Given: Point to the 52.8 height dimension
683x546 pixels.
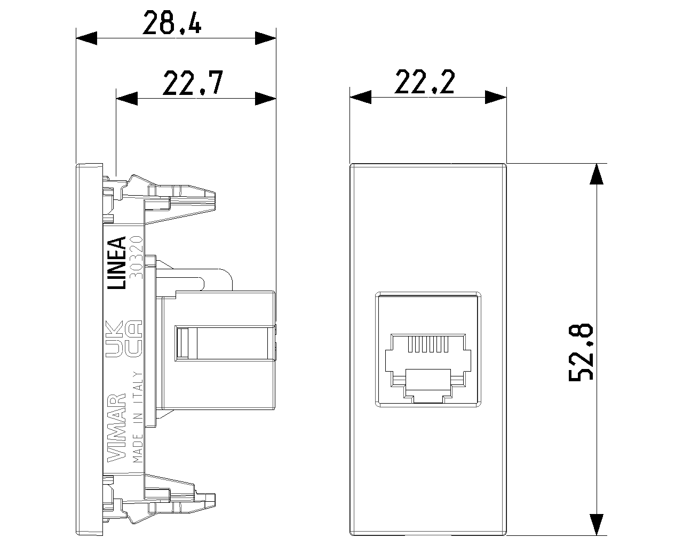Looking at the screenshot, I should click(x=580, y=352).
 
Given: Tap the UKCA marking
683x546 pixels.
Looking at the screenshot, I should click(x=123, y=340).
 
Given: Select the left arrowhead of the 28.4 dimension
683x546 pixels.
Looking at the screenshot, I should click(x=88, y=38).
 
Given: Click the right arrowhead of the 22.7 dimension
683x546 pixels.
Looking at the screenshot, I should click(x=265, y=98).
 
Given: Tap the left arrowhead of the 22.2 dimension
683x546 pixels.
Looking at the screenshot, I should click(x=360, y=97).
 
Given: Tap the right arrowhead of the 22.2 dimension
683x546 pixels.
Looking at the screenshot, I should click(x=495, y=97).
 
